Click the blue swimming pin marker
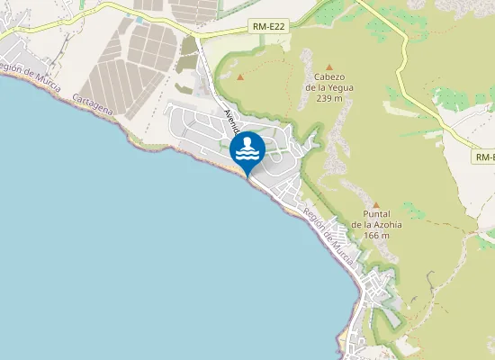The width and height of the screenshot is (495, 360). point(247,148)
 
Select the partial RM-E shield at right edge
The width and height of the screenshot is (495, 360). point(485,157)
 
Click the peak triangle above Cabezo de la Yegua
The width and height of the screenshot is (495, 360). point(329,67)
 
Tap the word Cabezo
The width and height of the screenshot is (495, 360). point(329,76)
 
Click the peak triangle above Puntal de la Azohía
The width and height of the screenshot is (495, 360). point(376,205)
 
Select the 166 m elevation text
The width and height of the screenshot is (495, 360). point(376,235)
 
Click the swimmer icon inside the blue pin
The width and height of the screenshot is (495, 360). point(247,146)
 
